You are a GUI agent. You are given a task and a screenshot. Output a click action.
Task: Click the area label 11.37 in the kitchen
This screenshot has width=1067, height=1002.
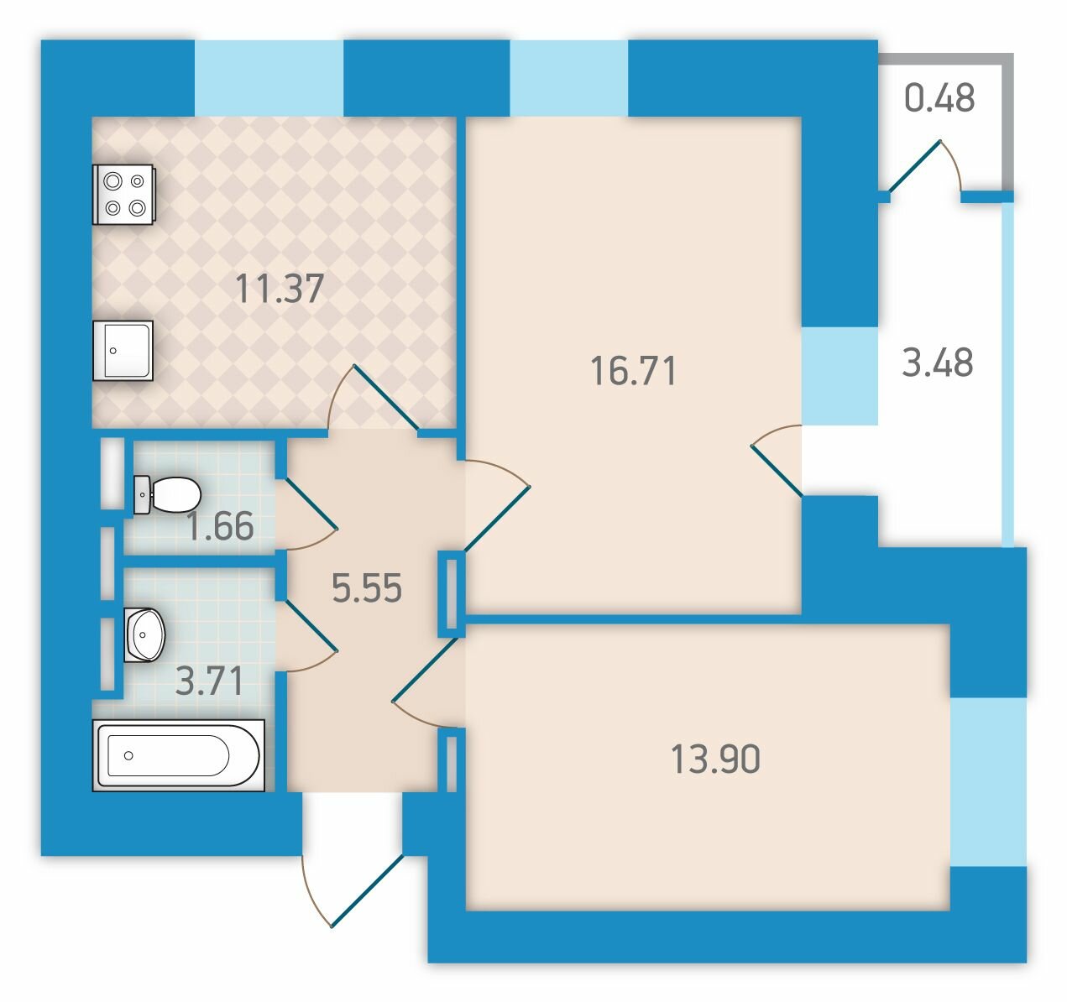pos(280,289)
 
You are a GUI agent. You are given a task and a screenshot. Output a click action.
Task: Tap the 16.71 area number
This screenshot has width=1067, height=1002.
pos(634,371)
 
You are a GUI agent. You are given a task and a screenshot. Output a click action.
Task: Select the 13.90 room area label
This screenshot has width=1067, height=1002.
pos(715,759)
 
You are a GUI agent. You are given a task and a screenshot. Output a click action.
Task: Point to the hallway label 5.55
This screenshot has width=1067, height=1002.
pos(367,587)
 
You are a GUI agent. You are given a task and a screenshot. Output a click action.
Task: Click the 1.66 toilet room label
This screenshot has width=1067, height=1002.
pos(220,526)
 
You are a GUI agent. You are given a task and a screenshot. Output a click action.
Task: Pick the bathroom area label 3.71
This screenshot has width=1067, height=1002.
pos(210,681)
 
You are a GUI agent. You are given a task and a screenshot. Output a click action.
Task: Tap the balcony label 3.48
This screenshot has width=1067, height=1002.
pos(938,363)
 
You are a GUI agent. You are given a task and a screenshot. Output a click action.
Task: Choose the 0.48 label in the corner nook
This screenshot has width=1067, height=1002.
pos(939,98)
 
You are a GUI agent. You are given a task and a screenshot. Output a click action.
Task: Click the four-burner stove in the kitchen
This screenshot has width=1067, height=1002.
pos(123,194)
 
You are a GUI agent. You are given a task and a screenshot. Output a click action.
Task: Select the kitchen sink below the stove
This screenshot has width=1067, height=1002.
pos(123,351)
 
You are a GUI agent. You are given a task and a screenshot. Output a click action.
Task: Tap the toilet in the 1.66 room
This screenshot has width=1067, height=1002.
pos(167,494)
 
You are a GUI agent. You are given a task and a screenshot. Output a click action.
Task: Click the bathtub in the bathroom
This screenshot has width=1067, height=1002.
pos(179,755)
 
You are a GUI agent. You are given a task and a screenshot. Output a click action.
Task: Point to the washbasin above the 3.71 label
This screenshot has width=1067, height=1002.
pos(144,635)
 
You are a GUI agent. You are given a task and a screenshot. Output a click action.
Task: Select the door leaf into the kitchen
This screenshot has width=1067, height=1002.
pos(386,398)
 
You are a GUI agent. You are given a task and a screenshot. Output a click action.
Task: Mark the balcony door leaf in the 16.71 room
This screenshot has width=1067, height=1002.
pos(777,470)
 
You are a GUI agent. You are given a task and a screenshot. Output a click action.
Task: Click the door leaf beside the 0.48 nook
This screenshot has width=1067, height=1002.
pos(914,166)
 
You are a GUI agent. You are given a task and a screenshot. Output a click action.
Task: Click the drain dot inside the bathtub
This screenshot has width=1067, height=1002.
pos(128,756)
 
